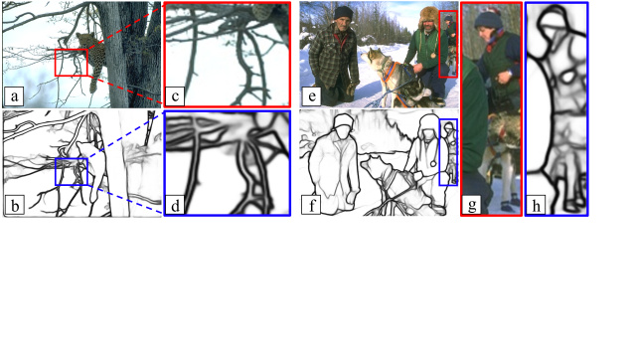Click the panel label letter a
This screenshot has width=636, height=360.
[13, 97]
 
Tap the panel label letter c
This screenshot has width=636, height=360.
[175, 97]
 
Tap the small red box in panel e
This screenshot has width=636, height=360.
[448, 45]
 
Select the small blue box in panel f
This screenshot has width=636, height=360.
[448, 152]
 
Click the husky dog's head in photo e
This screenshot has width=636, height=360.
[379, 60]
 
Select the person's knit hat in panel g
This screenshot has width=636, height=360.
[488, 21]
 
